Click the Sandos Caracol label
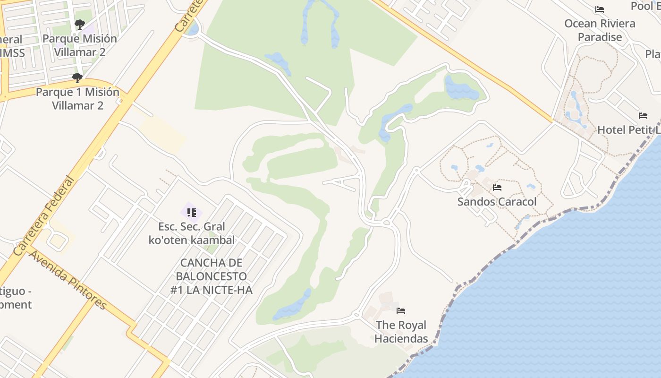pos(497,202)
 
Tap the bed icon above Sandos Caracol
pos(497,188)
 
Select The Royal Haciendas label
pos(401,332)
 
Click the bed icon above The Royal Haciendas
pos(401,311)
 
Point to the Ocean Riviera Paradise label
pos(600,30)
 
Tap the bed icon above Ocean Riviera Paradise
pos(600,9)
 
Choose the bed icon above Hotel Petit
pos(643,116)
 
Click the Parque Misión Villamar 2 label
pos(79,45)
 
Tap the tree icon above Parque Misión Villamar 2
pos(80,24)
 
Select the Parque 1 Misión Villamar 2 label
pos(77,98)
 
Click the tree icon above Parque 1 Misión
pos(77,78)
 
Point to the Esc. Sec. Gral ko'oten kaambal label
pos(191,233)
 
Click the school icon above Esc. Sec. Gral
pos(191,213)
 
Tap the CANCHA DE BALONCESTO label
pos(211,276)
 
